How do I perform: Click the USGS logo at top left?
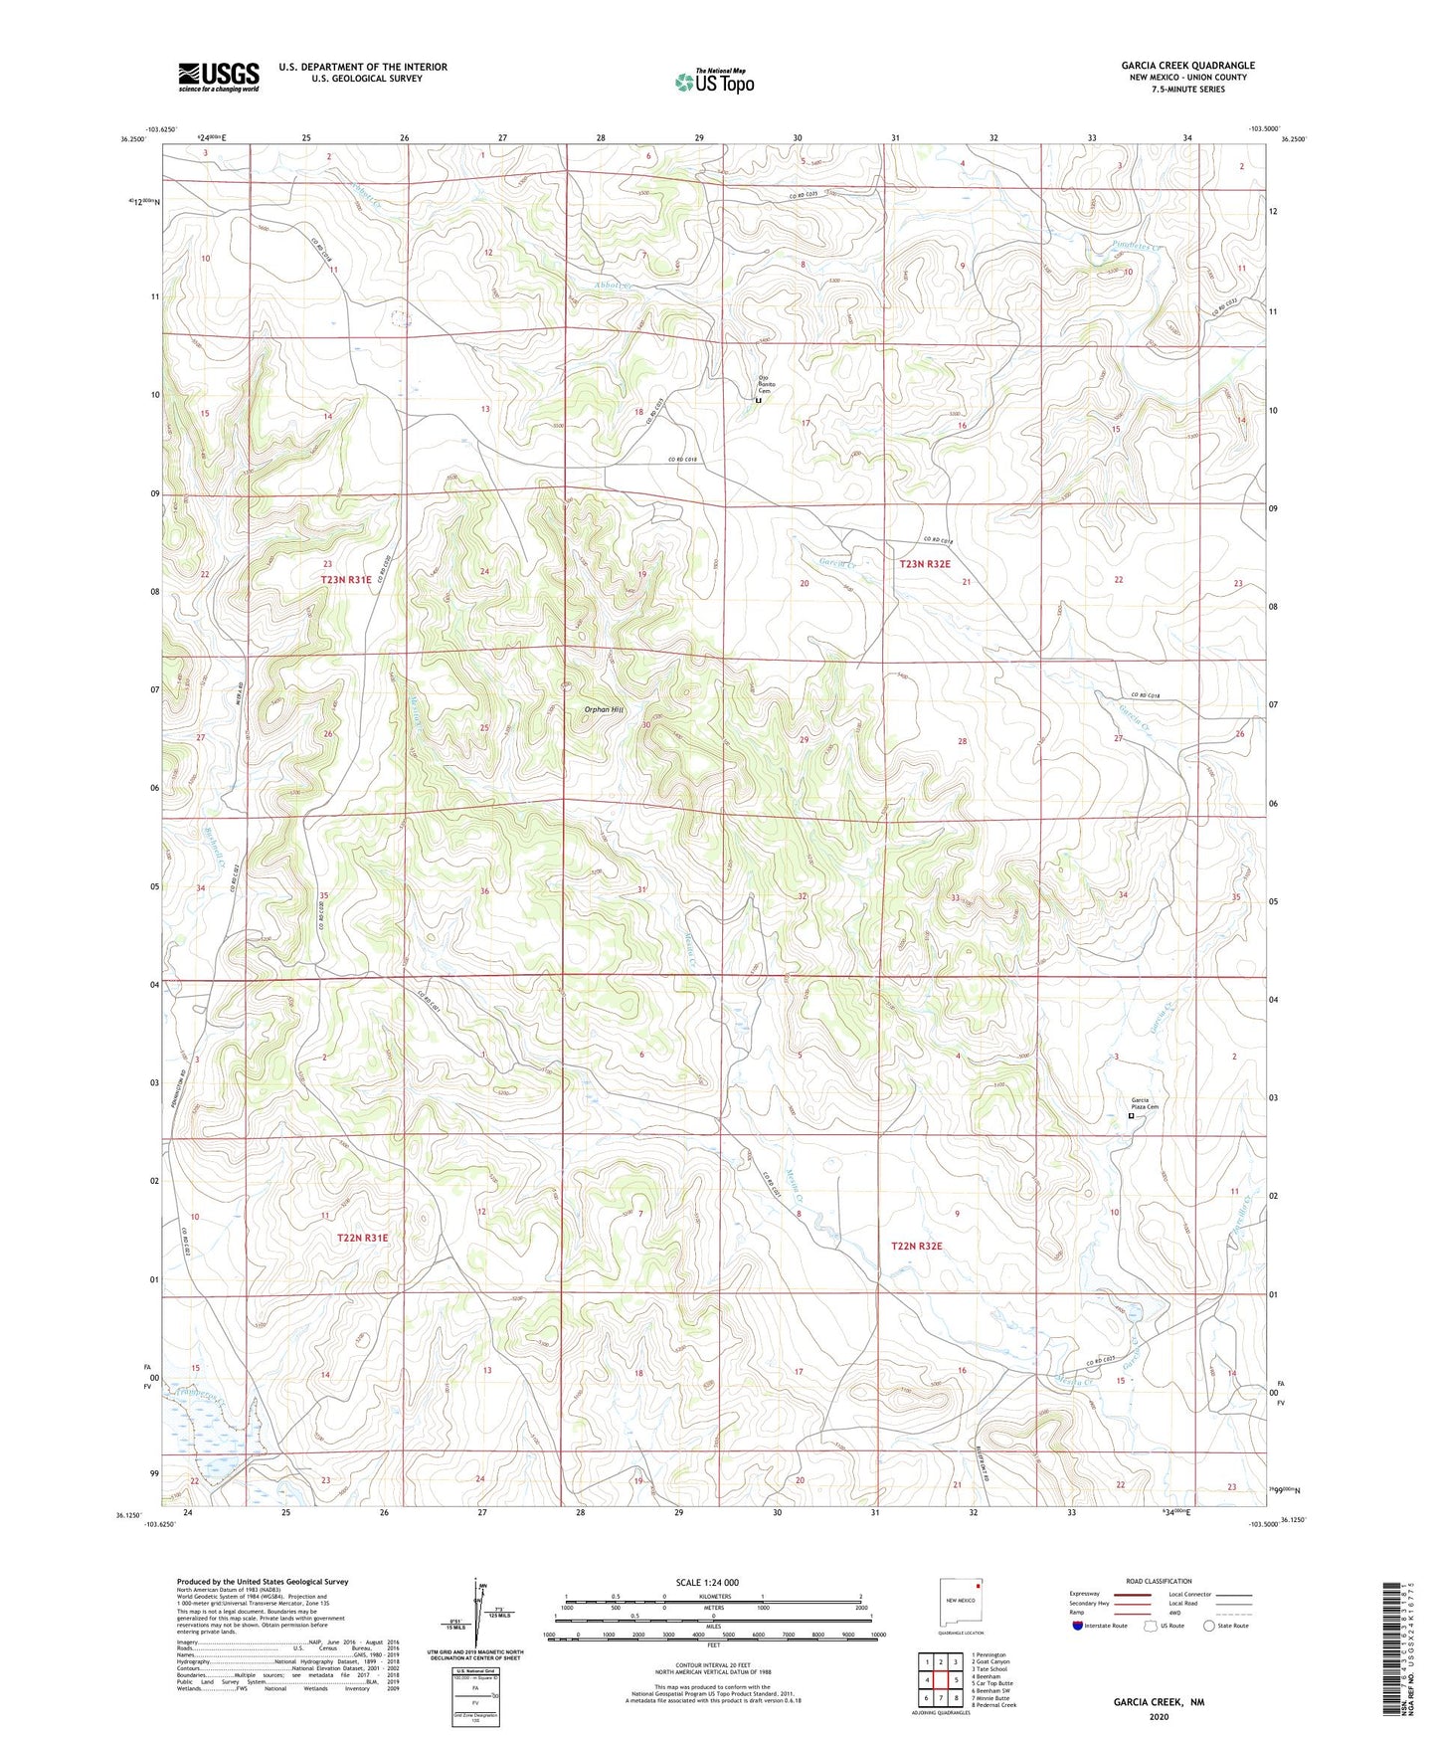219,77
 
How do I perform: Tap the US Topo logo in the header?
713,82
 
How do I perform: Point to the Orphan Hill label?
604,709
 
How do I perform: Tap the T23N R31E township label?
346,579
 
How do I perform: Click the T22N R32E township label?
916,1246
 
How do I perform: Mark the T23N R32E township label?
925,564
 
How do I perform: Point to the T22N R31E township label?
361,1238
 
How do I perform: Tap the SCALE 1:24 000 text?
707,1582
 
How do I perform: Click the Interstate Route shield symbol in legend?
1080,1626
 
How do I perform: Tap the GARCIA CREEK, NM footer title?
1158,1702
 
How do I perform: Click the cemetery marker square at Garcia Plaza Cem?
1131,1116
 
